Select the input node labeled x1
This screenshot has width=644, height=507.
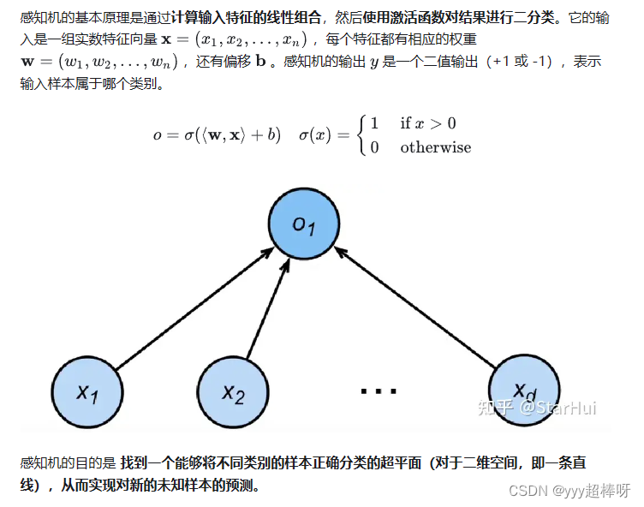point(87,393)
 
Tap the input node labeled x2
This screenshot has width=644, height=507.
point(234,393)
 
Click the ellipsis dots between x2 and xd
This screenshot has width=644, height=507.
point(378,391)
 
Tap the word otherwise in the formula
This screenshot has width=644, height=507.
point(435,147)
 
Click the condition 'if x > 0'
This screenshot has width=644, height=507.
point(428,123)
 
